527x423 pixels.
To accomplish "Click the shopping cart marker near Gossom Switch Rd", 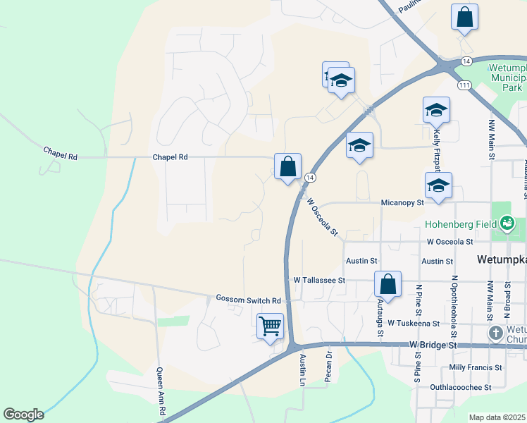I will tap(271, 327).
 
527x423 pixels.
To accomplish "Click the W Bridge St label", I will tap(433, 345).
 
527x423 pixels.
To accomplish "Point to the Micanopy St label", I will tap(401, 202).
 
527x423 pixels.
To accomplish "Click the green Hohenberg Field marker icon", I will tap(507, 225).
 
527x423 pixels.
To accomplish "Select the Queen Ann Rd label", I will tap(161, 400).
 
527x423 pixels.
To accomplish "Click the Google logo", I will tap(23, 415).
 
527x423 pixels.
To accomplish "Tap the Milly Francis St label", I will tap(475, 367).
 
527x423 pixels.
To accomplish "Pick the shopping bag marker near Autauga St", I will tap(387, 284).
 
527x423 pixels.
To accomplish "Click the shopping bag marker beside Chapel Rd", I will tap(287, 167).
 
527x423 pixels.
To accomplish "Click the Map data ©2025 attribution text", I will tap(497, 417).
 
